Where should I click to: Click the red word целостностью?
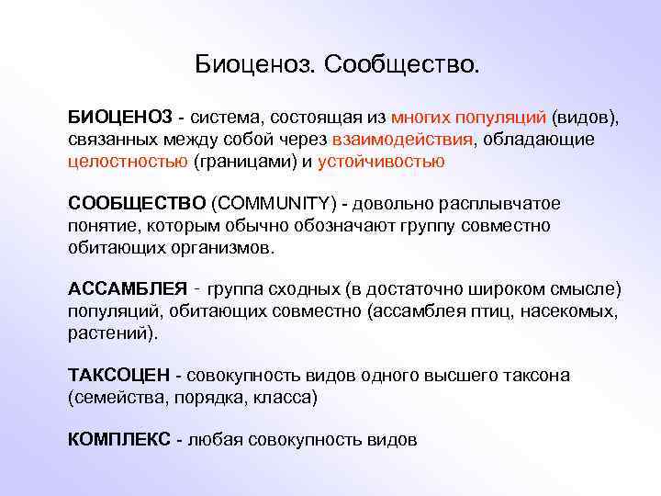(128, 162)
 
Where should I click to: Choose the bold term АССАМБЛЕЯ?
(128, 290)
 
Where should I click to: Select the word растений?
(110, 333)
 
